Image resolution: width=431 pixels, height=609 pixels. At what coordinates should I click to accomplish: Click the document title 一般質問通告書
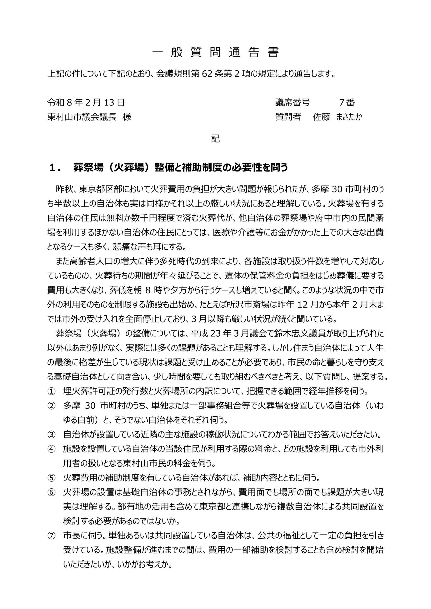[216, 53]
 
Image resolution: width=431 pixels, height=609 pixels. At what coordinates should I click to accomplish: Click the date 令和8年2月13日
[86, 102]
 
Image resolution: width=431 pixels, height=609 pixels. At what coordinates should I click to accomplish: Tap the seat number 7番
[347, 102]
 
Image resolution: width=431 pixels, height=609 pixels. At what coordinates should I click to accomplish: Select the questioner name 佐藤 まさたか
[337, 117]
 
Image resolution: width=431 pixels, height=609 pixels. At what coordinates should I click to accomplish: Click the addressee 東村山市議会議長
[82, 117]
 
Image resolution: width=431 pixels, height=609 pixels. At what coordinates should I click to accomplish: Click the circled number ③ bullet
[51, 435]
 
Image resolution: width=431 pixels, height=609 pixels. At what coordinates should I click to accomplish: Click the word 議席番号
[292, 102]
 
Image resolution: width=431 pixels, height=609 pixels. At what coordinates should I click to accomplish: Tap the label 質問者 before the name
[288, 117]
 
